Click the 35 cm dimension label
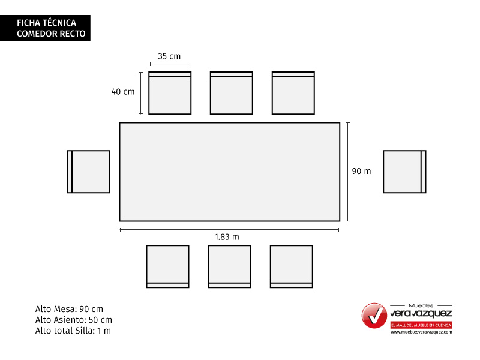[169, 56]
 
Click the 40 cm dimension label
[123, 92]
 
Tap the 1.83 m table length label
[227, 237]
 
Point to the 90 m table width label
[361, 171]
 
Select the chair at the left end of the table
[88, 172]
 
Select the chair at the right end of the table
[404, 172]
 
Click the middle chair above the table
[232, 93]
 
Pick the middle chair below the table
[230, 266]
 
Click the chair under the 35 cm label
[170, 93]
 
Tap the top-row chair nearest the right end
[293, 93]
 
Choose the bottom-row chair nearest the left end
[168, 266]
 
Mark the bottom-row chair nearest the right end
[292, 266]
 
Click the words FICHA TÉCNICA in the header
[47, 23]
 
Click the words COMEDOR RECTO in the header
[51, 34]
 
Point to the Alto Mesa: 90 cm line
[69, 309]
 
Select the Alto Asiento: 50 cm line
[73, 320]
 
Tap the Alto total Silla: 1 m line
[73, 331]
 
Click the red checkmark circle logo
[374, 316]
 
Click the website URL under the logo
[421, 332]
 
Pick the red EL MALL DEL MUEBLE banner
[421, 325]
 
